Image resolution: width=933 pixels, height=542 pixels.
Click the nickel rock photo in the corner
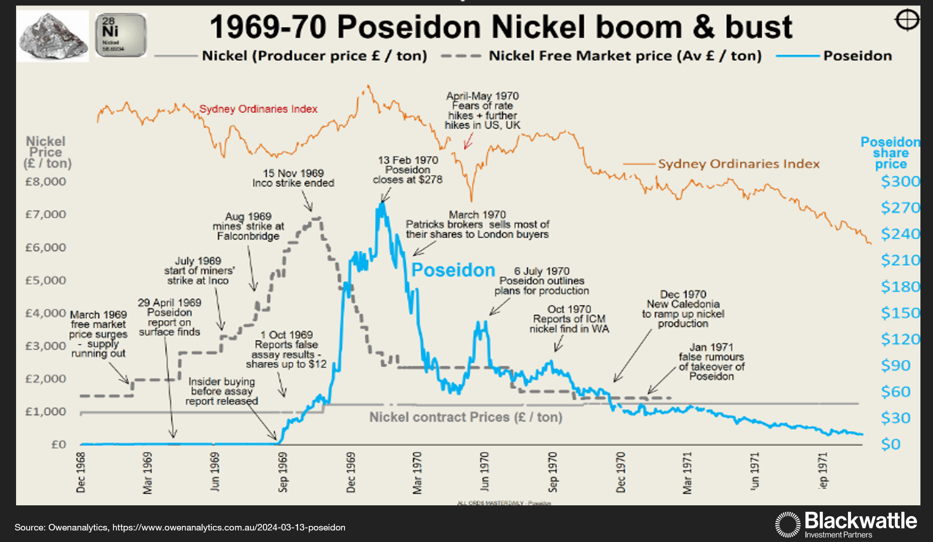pyautogui.click(x=53, y=36)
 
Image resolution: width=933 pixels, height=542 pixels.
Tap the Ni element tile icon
pyautogui.click(x=121, y=35)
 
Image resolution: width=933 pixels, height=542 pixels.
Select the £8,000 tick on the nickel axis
pyautogui.click(x=46, y=182)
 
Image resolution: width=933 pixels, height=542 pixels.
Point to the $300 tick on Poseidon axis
pyautogui.click(x=900, y=182)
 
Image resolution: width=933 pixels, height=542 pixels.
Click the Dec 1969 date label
pyautogui.click(x=351, y=472)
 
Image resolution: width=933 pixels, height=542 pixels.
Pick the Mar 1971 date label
pyautogui.click(x=687, y=473)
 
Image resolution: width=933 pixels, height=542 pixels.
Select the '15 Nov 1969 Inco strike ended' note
pyautogui.click(x=293, y=178)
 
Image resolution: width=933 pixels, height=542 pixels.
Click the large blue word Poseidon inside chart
pyautogui.click(x=453, y=270)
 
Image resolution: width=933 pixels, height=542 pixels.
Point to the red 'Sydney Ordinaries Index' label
pyautogui.click(x=258, y=109)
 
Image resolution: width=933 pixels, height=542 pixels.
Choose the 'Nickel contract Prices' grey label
pyautogui.click(x=465, y=417)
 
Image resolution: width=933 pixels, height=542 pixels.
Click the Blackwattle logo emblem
pyautogui.click(x=787, y=524)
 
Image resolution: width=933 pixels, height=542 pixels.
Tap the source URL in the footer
pyautogui.click(x=228, y=527)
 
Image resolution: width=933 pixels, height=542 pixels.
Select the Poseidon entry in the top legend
pyautogui.click(x=857, y=56)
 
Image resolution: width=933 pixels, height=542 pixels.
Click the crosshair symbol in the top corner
pyautogui.click(x=907, y=21)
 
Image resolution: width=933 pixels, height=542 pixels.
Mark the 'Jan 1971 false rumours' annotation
pyautogui.click(x=711, y=362)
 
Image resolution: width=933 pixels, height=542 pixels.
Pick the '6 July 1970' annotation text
pyautogui.click(x=541, y=281)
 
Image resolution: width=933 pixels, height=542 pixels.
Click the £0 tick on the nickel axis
pyautogui.click(x=59, y=445)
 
